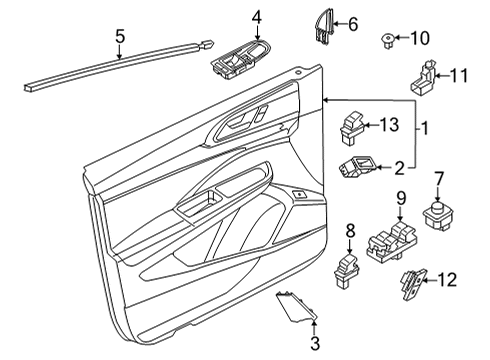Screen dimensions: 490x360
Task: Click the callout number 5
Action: [x=120, y=36]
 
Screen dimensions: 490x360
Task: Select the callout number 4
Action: [x=257, y=17]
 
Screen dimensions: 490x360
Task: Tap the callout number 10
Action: [x=420, y=38]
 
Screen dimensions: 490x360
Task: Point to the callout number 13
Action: [x=389, y=125]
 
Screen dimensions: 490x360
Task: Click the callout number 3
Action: [x=315, y=343]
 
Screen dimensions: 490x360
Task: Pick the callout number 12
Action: [x=447, y=280]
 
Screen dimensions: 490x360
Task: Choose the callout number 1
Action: [x=425, y=129]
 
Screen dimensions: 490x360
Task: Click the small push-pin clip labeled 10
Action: [x=387, y=40]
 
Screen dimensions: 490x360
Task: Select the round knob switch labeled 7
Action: [x=438, y=217]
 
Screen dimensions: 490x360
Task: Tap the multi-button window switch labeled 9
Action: [x=392, y=242]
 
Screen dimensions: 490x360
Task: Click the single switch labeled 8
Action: [x=347, y=270]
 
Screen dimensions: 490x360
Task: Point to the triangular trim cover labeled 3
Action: [x=296, y=307]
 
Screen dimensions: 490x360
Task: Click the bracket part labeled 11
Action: [x=423, y=77]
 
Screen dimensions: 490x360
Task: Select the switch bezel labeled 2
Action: [x=358, y=167]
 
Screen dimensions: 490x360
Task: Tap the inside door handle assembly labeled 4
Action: [x=240, y=59]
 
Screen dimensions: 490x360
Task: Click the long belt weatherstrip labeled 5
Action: [x=118, y=65]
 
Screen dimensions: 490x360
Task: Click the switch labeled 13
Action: [x=352, y=129]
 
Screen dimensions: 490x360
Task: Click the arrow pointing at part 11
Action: [x=443, y=76]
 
